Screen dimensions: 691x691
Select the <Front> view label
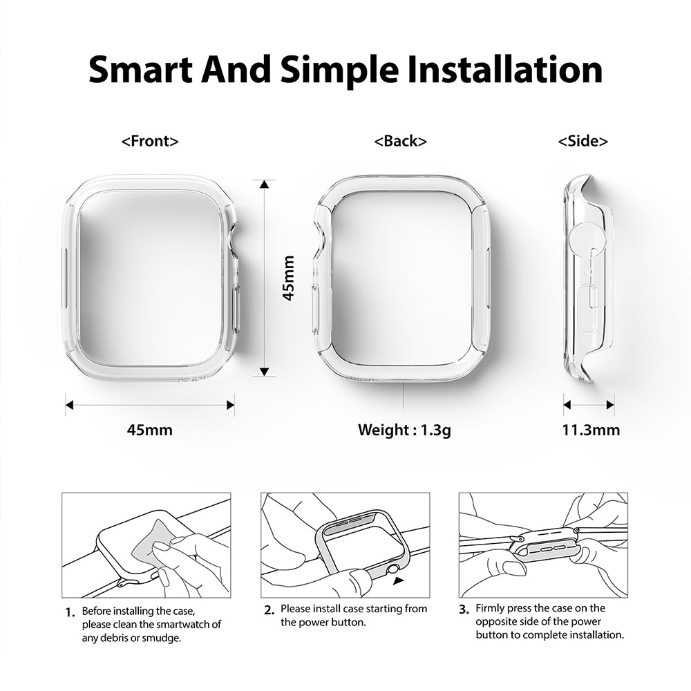[150, 142]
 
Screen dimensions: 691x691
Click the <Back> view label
[400, 142]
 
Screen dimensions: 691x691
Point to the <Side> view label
[583, 142]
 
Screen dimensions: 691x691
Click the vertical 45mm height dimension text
[289, 278]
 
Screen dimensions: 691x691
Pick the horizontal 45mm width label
[150, 430]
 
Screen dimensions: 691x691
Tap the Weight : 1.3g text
[404, 430]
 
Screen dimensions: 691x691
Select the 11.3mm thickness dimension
[590, 430]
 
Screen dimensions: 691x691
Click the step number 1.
[69, 612]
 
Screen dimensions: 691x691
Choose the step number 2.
[269, 610]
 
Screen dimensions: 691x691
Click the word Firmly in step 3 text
[491, 608]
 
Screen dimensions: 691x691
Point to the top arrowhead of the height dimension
[264, 184]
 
